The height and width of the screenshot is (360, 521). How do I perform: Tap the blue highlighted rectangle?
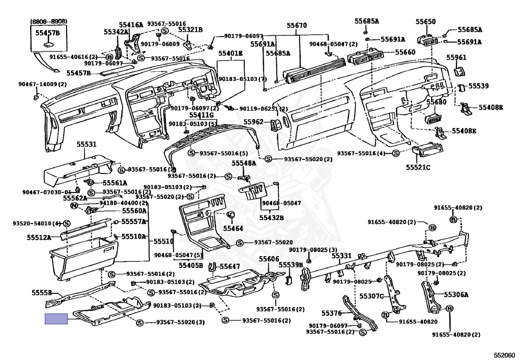coord(56,319)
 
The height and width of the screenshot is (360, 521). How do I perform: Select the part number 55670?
coord(297,25)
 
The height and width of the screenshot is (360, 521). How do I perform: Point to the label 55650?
coord(425,22)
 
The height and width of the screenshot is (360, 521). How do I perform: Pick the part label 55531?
coord(86,145)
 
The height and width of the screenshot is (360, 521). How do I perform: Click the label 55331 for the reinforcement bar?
coord(342,255)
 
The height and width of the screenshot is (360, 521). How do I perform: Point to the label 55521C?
coord(418,167)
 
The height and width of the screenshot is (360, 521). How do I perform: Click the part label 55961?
coord(456,58)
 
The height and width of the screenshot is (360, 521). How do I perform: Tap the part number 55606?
coord(269,259)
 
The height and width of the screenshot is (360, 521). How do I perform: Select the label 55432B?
coord(271,217)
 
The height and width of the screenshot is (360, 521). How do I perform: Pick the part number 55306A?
coord(456,294)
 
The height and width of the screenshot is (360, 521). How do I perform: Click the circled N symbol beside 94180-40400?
coord(74,206)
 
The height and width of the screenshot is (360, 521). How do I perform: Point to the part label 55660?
coord(406,52)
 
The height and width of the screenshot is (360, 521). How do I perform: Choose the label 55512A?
coord(39,237)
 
